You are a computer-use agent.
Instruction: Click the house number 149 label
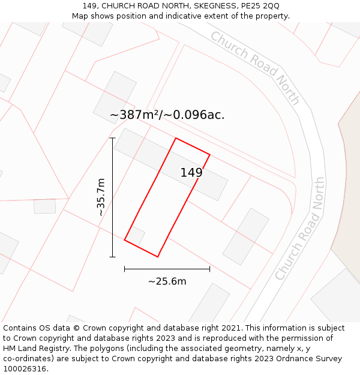pos(191,173)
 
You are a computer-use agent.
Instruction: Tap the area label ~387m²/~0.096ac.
pos(167,115)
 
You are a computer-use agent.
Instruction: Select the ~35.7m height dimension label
pos(101,197)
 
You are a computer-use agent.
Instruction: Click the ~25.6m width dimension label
pos(167,281)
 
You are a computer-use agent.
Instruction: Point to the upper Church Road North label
pos(254,67)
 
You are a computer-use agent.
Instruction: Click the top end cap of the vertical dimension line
pos(112,138)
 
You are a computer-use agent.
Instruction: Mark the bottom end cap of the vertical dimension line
pos(112,257)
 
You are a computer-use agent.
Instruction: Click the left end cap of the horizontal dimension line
pos(125,269)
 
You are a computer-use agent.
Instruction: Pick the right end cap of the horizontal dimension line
pos(209,269)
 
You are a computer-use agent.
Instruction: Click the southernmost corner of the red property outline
pos(158,257)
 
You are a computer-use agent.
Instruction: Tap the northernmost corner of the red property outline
pos(175,139)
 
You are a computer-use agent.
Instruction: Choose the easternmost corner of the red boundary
pos(209,155)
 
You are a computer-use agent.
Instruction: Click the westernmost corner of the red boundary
pos(125,240)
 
